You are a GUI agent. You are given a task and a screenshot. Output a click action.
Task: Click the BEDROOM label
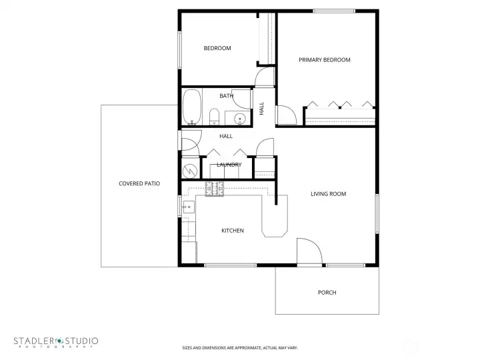coord(217,48)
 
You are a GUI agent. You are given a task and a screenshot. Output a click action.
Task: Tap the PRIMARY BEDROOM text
coord(324,60)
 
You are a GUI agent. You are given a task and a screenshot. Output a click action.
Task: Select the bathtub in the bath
coord(193,107)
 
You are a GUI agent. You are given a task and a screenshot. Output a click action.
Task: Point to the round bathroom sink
coord(240,119)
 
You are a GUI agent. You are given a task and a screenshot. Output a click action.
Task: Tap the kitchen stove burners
coord(214,189)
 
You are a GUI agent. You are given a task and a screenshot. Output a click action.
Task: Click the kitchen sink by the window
coord(187,207)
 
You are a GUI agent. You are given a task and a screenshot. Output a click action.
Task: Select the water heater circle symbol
coord(190,171)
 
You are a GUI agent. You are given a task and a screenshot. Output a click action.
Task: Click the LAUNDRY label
coord(229,165)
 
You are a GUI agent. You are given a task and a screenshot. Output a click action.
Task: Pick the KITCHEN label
coord(233,231)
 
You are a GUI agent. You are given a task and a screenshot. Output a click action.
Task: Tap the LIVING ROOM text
coord(328,194)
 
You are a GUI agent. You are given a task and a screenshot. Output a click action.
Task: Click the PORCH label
coord(327,293)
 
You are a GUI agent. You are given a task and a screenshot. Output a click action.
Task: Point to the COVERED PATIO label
coord(139,183)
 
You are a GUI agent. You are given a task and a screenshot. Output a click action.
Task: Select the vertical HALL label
coord(261,108)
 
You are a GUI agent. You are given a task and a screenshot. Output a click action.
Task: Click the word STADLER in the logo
coord(33,341)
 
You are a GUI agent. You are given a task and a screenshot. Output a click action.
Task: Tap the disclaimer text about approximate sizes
coord(240,347)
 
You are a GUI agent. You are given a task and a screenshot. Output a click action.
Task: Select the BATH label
coord(226,96)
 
